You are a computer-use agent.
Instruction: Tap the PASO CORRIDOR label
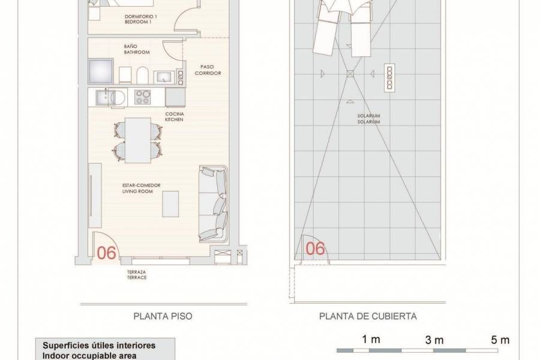[208, 70]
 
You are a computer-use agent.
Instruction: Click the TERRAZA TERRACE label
[137, 275]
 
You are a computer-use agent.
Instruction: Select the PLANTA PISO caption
[162, 316]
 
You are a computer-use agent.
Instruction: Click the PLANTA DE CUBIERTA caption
[368, 316]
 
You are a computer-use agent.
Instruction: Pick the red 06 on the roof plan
[316, 247]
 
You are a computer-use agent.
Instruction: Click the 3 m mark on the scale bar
[434, 340]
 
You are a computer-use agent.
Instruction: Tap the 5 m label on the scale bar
[500, 340]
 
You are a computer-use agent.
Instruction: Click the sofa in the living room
[213, 204]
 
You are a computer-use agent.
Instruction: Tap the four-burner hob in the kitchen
[143, 96]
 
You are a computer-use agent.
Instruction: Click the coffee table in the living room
[172, 205]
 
